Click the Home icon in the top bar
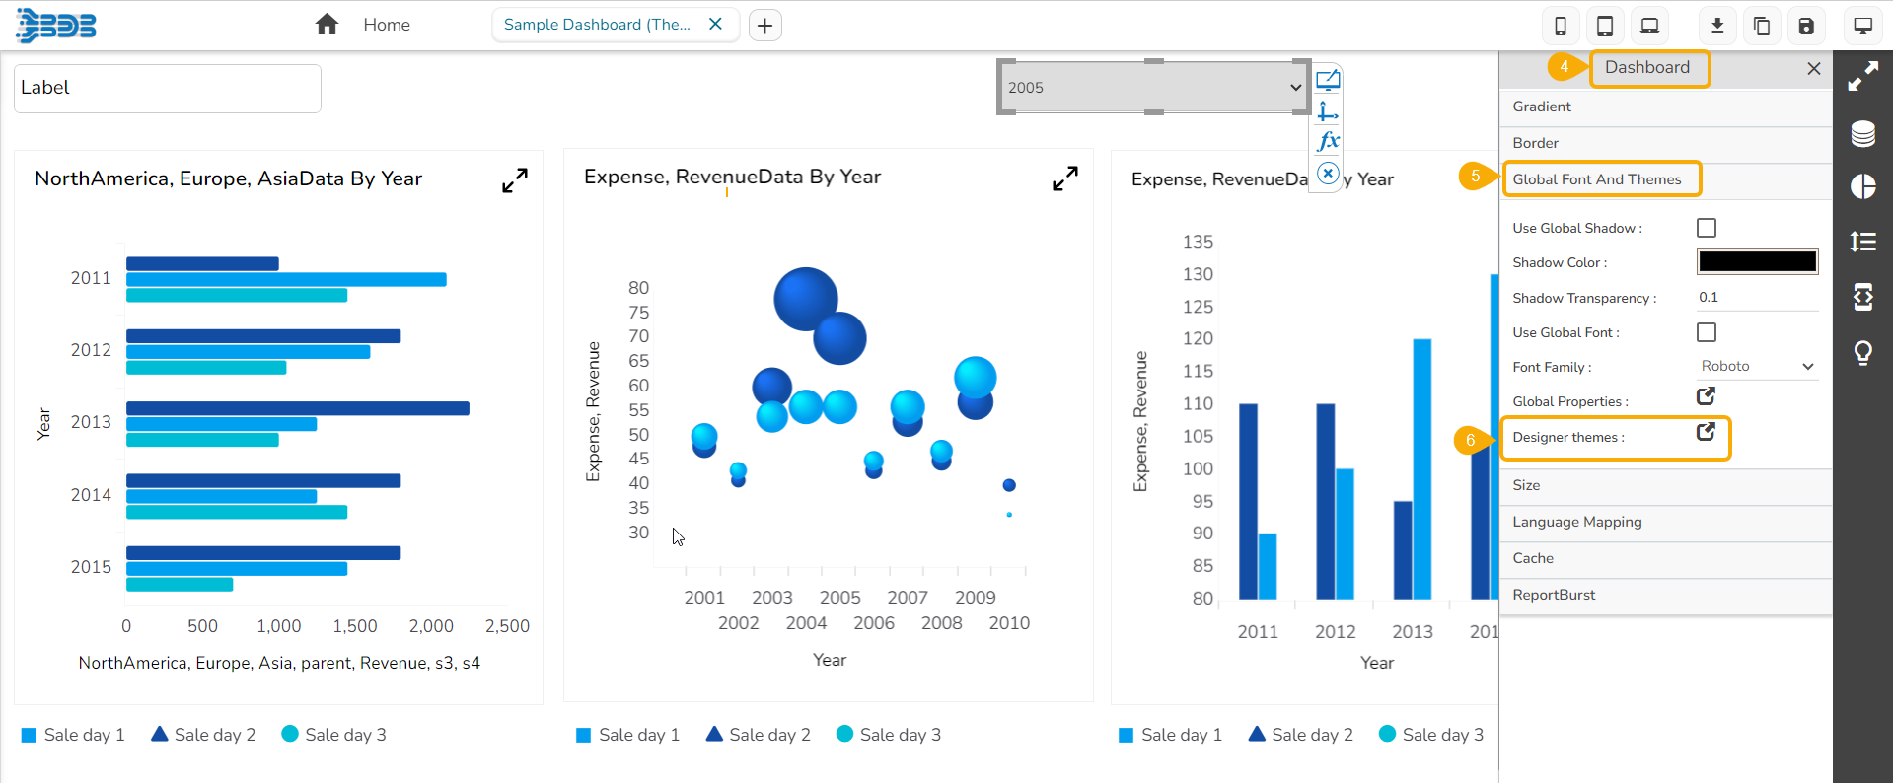coord(327,25)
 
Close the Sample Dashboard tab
coord(716,24)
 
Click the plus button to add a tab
coord(765,26)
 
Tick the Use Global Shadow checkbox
coord(1707,228)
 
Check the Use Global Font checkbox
coord(1707,332)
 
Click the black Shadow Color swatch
coord(1757,261)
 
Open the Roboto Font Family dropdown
coord(1757,366)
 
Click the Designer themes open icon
coord(1706,432)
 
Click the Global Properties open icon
coord(1706,396)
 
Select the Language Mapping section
coord(1577,522)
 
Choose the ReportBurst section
coord(1554,595)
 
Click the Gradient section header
coord(1542,107)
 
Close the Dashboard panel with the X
coord(1814,68)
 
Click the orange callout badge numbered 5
coord(1475,177)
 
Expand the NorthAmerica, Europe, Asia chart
coord(515,180)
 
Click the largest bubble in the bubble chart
coord(805,299)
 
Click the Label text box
coord(168,89)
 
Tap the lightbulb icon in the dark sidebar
coord(1862,352)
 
